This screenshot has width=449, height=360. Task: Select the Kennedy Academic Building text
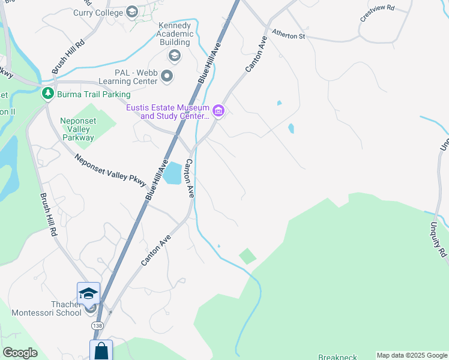coord(175,34)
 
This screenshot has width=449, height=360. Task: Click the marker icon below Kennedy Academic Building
coord(175,56)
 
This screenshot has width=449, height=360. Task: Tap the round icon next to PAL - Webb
coord(167,76)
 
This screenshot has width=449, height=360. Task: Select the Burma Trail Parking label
coord(93,94)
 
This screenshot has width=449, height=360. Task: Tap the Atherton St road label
coord(289,36)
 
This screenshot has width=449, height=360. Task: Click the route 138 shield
coord(97,325)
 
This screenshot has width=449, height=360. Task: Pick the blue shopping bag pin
coord(101,350)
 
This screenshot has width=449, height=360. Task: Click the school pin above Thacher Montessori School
coord(88,293)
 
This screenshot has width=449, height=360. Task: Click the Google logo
coord(20,353)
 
